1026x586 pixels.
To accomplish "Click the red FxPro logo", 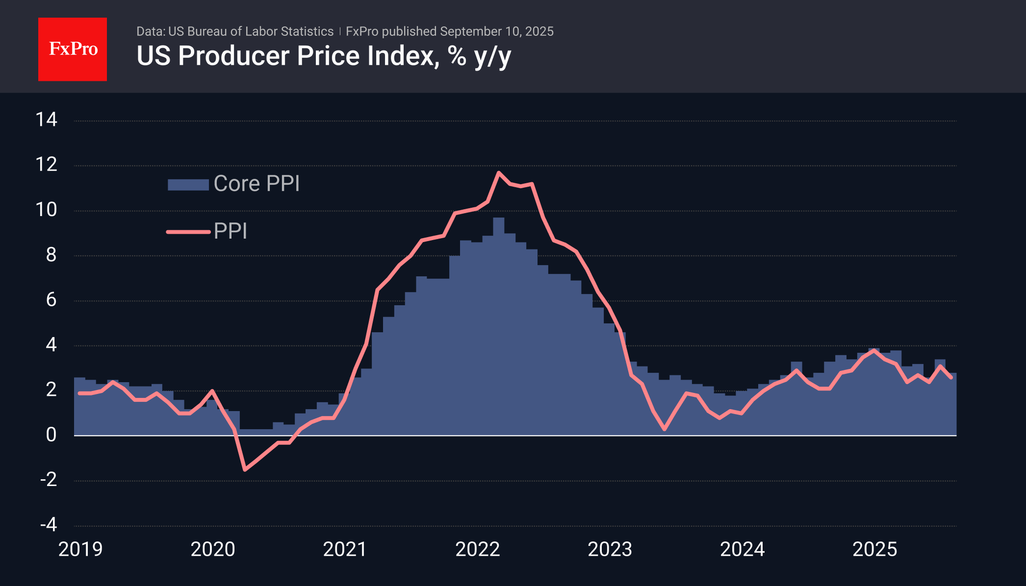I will click(x=73, y=49).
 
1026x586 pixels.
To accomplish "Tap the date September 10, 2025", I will click(x=496, y=31).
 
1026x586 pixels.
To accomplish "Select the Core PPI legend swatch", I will click(x=188, y=184).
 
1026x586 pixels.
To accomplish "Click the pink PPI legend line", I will click(x=188, y=231).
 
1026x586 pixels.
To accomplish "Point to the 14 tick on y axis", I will click(x=47, y=120).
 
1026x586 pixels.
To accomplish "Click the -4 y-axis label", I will click(x=49, y=524).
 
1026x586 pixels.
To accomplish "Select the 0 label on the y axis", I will click(x=51, y=435).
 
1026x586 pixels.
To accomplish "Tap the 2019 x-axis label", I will click(x=80, y=549).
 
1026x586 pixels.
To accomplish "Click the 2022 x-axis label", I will click(x=477, y=549).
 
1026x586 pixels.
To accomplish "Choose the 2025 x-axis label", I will click(x=874, y=549).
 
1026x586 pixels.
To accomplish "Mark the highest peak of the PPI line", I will click(x=498, y=172).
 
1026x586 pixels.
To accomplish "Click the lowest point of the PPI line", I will click(x=245, y=469).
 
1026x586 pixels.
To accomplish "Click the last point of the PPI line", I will click(x=951, y=377).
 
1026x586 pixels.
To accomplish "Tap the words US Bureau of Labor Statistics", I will click(x=251, y=31).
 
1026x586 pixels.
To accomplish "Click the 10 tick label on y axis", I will click(x=47, y=210).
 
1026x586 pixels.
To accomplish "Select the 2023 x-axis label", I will click(x=610, y=549).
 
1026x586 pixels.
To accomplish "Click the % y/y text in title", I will click(x=479, y=56).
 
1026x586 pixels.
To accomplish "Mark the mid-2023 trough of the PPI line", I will click(x=664, y=429).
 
